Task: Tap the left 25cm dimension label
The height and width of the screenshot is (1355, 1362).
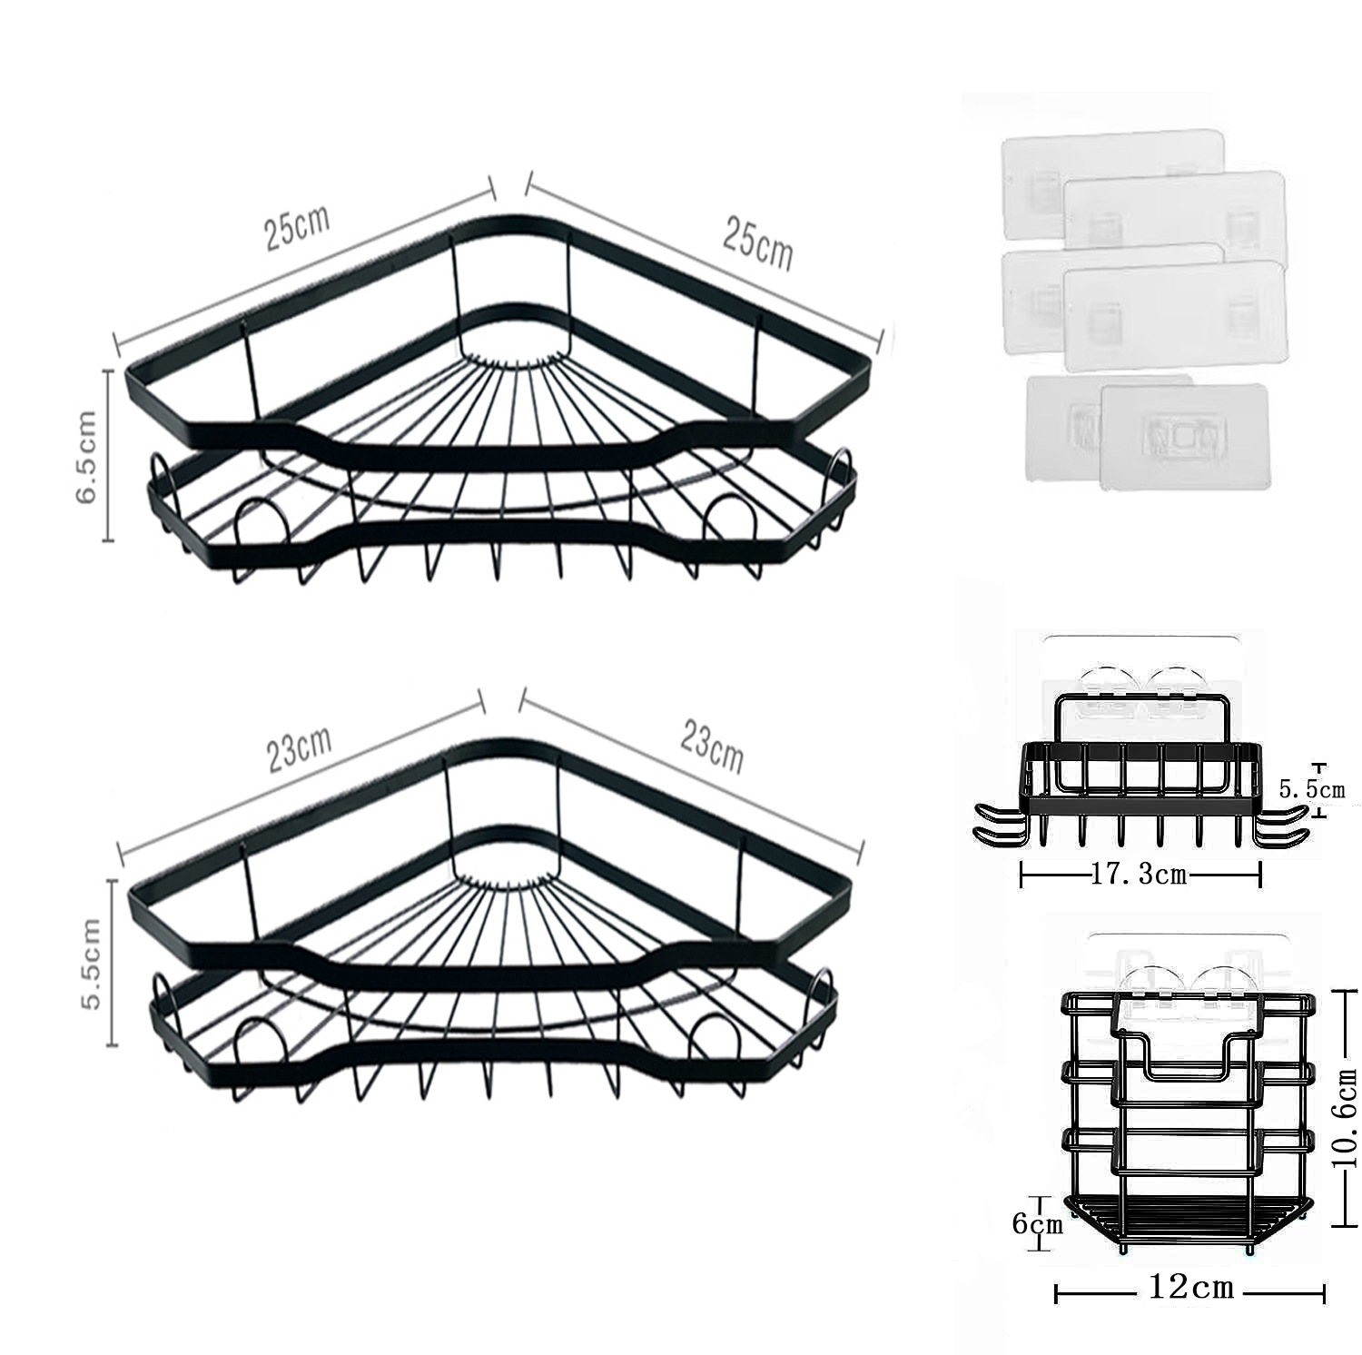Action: tap(297, 227)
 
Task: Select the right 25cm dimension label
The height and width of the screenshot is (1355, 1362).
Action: tap(757, 242)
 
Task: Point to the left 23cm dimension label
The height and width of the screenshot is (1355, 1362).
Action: tap(299, 748)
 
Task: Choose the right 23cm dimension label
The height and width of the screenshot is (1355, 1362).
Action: tap(712, 747)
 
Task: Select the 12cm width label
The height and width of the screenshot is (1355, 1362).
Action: tap(1190, 1287)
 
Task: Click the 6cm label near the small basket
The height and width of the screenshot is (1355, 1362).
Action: tap(1037, 1223)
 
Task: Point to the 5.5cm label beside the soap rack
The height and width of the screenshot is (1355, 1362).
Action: tap(1312, 789)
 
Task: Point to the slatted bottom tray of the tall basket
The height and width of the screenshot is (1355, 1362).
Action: tap(1189, 1216)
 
